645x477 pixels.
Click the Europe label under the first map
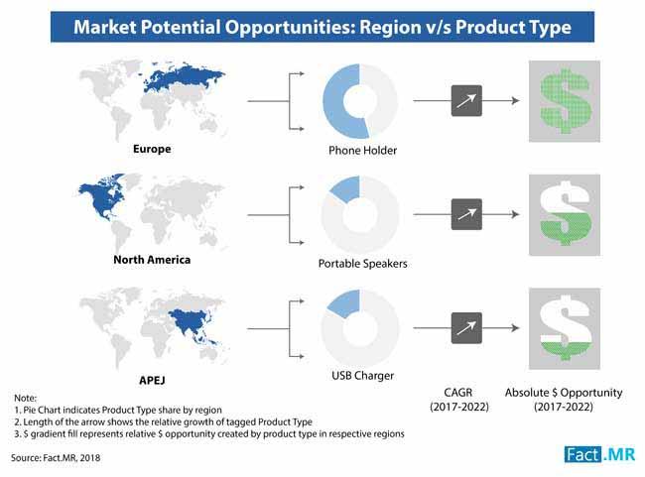tap(152, 149)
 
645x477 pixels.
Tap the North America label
tap(152, 260)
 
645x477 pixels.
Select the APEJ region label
tap(152, 381)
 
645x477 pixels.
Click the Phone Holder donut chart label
tap(362, 151)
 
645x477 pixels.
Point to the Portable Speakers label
tap(362, 264)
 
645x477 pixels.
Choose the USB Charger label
tap(362, 376)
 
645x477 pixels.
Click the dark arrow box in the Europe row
tap(466, 101)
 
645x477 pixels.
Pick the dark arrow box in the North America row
tap(466, 214)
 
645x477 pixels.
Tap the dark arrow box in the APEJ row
tap(466, 327)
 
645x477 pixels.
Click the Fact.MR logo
tap(599, 454)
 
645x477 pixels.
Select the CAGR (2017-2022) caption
tap(459, 400)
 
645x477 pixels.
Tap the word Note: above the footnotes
tap(25, 398)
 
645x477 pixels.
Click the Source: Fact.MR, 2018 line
tap(56, 458)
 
